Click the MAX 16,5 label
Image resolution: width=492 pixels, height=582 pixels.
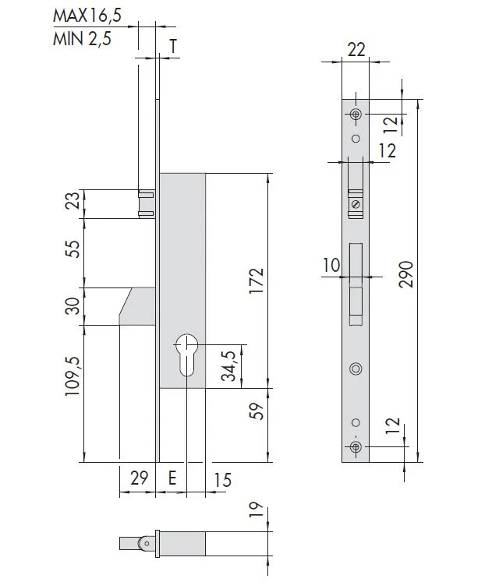coord(87,16)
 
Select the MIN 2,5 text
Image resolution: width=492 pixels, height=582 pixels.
coord(82,39)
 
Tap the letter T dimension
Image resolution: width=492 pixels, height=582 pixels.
coord(173,47)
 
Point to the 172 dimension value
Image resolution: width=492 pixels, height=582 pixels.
coord(257,280)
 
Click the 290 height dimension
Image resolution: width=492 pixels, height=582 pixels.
coord(406,274)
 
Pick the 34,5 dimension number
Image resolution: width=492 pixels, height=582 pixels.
coord(229,366)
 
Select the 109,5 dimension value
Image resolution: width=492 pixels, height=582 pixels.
coord(73,376)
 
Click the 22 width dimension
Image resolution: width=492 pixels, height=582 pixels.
coord(356,50)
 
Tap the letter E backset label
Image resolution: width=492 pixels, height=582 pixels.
coord(172,478)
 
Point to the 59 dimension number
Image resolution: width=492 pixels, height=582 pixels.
coord(257,411)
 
